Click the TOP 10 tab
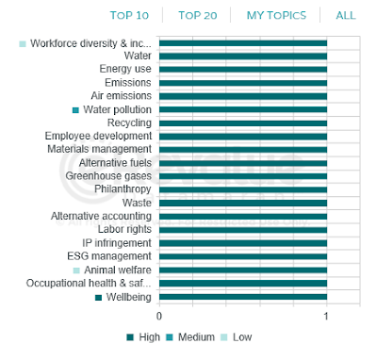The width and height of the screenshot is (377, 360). pyautogui.click(x=129, y=15)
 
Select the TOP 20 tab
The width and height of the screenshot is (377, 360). pyautogui.click(x=198, y=15)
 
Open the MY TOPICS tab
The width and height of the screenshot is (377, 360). pyautogui.click(x=276, y=15)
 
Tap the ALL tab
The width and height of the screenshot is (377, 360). pyautogui.click(x=346, y=15)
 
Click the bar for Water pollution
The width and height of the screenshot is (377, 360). pyautogui.click(x=243, y=109)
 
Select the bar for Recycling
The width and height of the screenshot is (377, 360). pyautogui.click(x=243, y=123)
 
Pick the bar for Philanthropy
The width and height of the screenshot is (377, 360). pyautogui.click(x=243, y=189)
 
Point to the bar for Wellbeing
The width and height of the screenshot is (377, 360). pyautogui.click(x=243, y=297)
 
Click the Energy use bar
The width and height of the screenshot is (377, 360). pyautogui.click(x=243, y=70)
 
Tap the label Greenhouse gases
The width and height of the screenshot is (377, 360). pyautogui.click(x=108, y=176)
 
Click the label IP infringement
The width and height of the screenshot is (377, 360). pyautogui.click(x=117, y=243)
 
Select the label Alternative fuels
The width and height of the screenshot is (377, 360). pyautogui.click(x=115, y=163)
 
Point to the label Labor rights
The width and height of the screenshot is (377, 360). pyautogui.click(x=124, y=229)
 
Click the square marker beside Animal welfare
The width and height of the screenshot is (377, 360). pyautogui.click(x=76, y=270)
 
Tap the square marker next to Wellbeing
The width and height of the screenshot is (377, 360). pyautogui.click(x=98, y=298)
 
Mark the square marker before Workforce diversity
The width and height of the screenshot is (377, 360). pyautogui.click(x=23, y=43)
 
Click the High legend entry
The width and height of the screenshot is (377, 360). pyautogui.click(x=143, y=337)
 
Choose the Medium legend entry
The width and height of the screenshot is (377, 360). pyautogui.click(x=190, y=337)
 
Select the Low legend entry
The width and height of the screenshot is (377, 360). pyautogui.click(x=237, y=337)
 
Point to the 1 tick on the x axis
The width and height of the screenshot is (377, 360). pyautogui.click(x=326, y=316)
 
